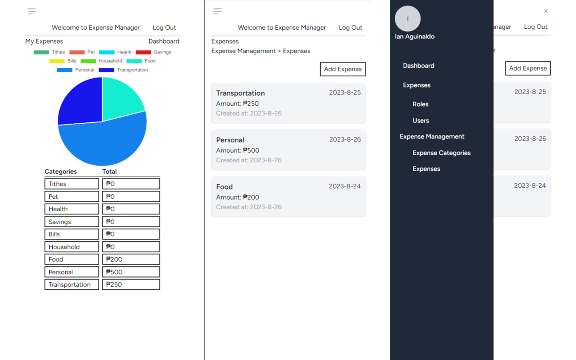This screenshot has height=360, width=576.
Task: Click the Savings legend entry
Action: tap(154, 52)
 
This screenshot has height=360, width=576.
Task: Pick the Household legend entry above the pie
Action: tap(102, 61)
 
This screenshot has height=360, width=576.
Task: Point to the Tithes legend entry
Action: tap(50, 52)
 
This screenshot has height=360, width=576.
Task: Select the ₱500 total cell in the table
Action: tap(131, 272)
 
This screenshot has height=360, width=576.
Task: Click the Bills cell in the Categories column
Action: tap(72, 234)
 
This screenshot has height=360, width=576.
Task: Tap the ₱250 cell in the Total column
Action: tap(131, 284)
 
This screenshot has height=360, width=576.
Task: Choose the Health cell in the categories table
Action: tap(72, 209)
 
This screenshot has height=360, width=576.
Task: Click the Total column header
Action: tap(109, 171)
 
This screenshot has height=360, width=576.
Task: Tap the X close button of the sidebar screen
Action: tap(546, 11)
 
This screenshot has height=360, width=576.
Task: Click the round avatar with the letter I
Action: tap(408, 18)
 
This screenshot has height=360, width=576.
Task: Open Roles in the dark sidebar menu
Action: tap(420, 104)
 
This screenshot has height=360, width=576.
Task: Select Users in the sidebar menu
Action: tap(420, 120)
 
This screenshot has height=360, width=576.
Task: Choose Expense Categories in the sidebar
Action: tap(441, 153)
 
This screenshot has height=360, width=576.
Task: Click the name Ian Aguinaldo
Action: tap(414, 36)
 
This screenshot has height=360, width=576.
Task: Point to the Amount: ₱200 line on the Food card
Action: tap(238, 197)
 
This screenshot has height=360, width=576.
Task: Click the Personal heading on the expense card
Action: tap(230, 140)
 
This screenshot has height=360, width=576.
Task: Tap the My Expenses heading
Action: tap(44, 41)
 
